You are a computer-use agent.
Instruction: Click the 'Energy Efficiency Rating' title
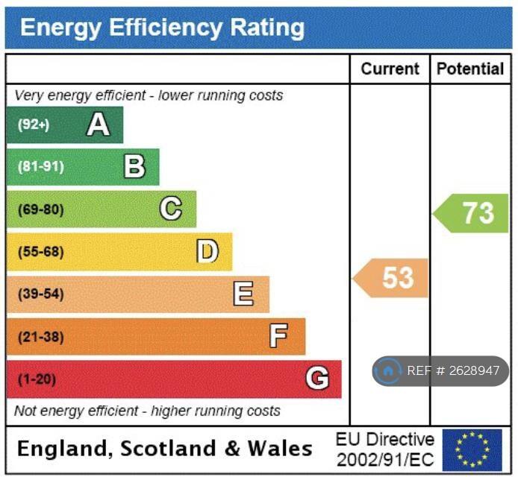pyautogui.click(x=162, y=28)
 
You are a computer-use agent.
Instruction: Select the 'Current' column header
pyautogui.click(x=390, y=69)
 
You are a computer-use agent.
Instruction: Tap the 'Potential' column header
pyautogui.click(x=470, y=69)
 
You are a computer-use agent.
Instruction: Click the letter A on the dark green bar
pyautogui.click(x=99, y=124)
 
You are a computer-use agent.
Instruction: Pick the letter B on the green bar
pyautogui.click(x=134, y=167)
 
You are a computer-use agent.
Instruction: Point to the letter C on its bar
pyautogui.click(x=171, y=209)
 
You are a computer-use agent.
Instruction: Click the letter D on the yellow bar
pyautogui.click(x=207, y=252)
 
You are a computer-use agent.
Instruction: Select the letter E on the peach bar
pyautogui.click(x=243, y=294)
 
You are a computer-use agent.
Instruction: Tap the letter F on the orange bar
pyautogui.click(x=279, y=337)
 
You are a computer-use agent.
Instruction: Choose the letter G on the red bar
pyautogui.click(x=317, y=379)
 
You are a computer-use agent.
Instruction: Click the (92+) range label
pyautogui.click(x=34, y=124)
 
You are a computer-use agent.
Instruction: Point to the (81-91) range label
pyautogui.click(x=40, y=167)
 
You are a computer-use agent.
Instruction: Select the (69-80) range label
pyautogui.click(x=40, y=209)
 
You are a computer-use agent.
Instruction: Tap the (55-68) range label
pyautogui.click(x=40, y=252)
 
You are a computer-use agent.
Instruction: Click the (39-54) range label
pyautogui.click(x=40, y=294)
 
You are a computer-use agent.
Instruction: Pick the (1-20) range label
pyautogui.click(x=37, y=379)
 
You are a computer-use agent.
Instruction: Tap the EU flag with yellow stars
pyautogui.click(x=472, y=449)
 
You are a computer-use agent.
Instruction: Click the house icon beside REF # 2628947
pyautogui.click(x=388, y=370)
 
